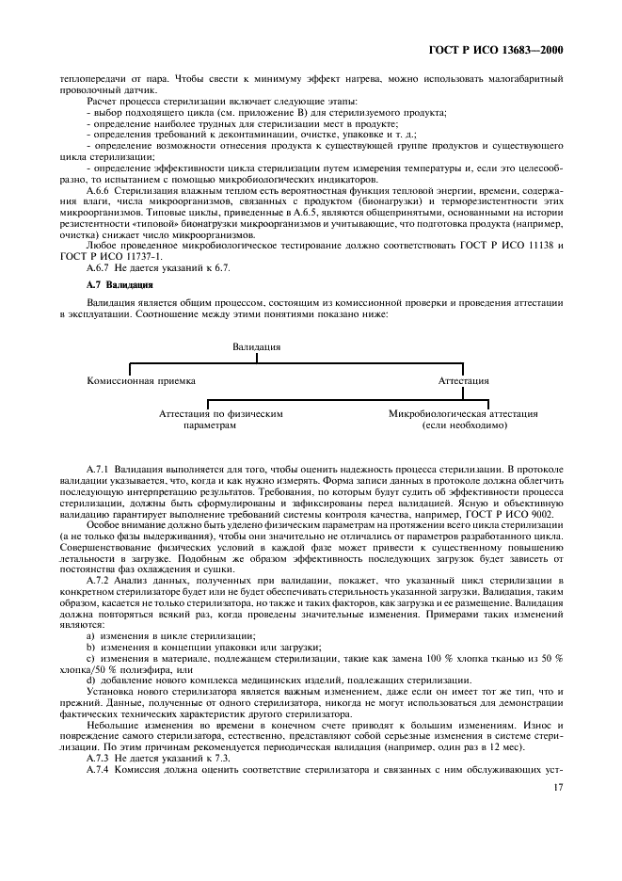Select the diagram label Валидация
pyautogui.click(x=257, y=347)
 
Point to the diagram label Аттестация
pyautogui.click(x=464, y=381)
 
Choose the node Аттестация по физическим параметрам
pyautogui.click(x=220, y=419)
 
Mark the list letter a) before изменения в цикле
pyautogui.click(x=90, y=636)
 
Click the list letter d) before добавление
pyautogui.click(x=90, y=680)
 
